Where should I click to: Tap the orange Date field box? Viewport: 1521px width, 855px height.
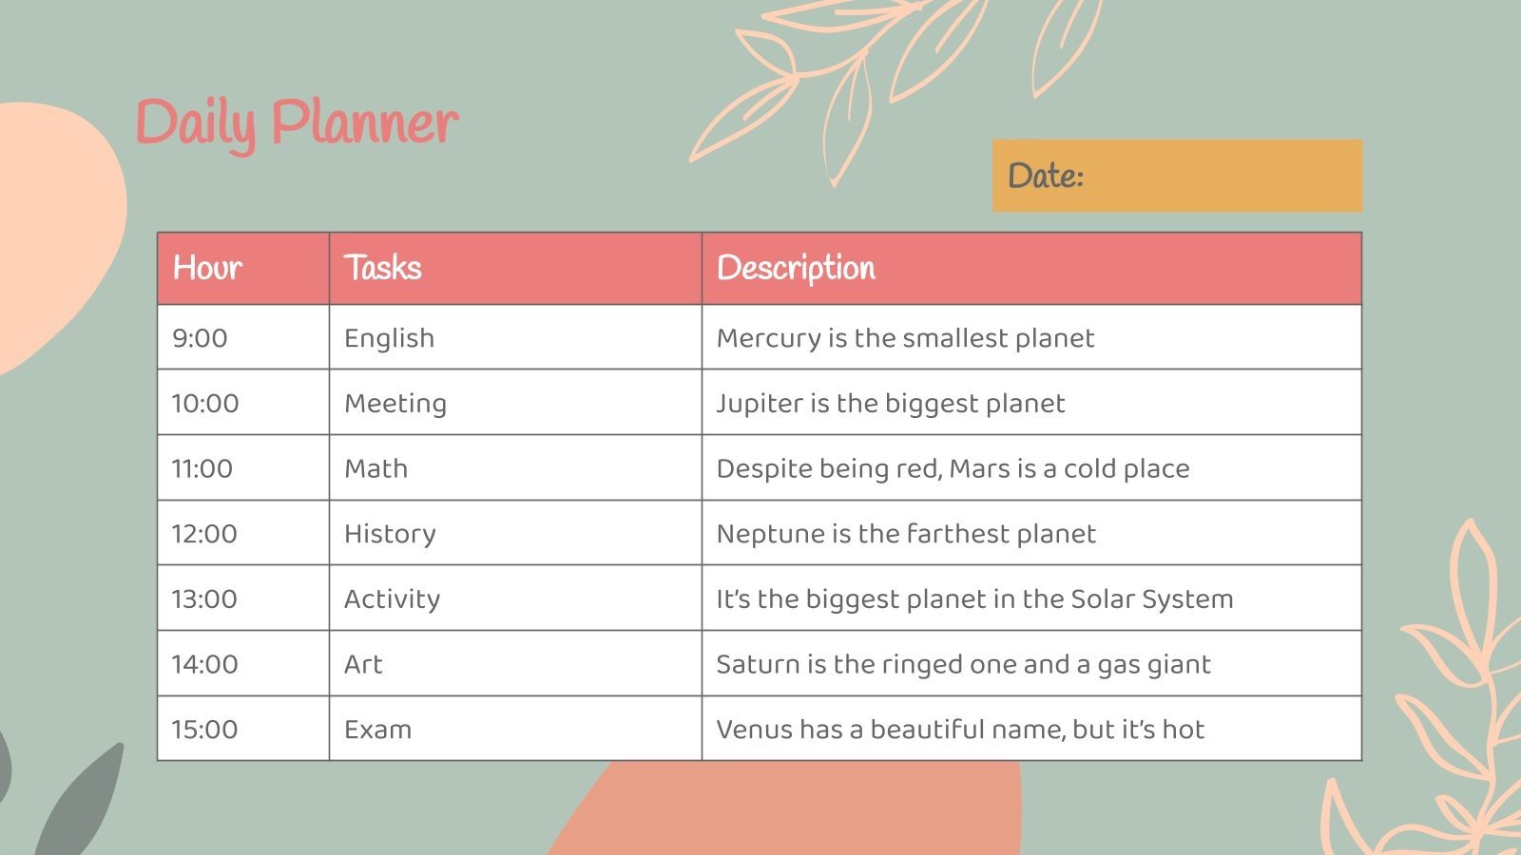(1177, 176)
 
